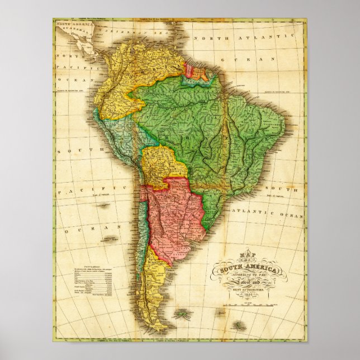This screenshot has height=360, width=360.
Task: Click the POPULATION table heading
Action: [90, 268]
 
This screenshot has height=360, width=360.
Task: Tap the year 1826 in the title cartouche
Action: [248, 295]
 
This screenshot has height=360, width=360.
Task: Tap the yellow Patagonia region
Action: [154, 291]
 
